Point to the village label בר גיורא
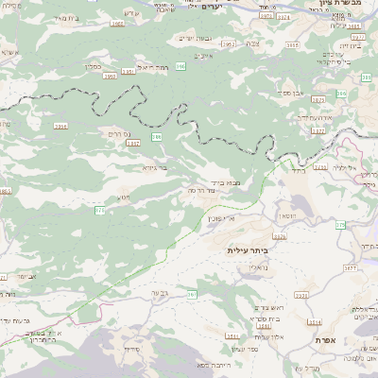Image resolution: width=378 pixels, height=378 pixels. pos(155,167)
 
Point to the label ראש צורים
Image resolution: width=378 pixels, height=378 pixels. pos(272,308)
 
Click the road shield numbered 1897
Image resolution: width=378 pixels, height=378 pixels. pos(133,144)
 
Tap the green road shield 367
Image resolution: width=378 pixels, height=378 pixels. pos(193,295)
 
